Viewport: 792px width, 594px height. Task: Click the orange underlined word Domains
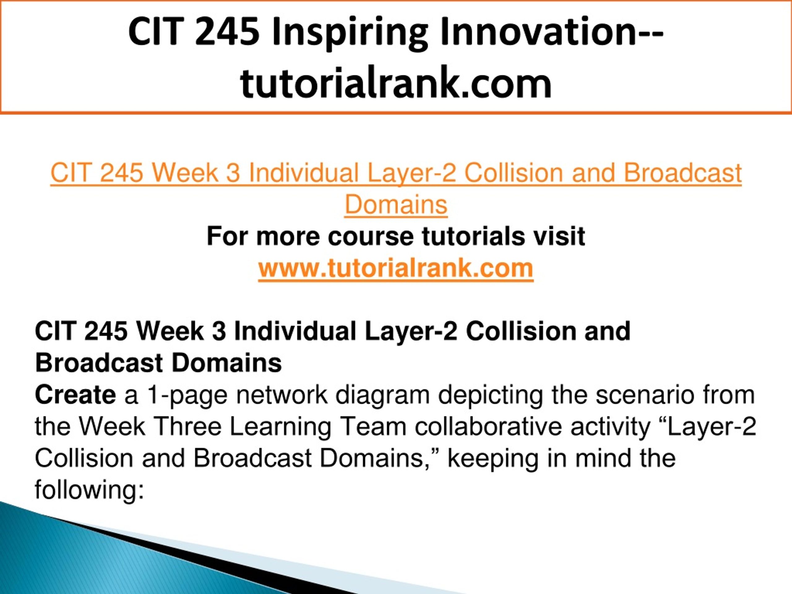click(x=396, y=204)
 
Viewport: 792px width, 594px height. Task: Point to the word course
click(x=370, y=237)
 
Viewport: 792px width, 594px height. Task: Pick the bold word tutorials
click(x=473, y=236)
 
